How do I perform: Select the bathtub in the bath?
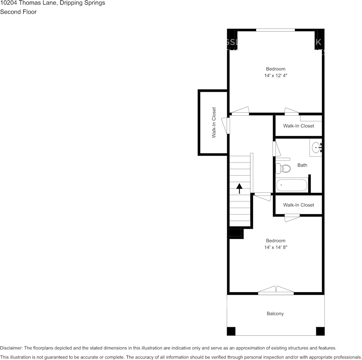click(292, 185)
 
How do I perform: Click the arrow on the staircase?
click(239, 188)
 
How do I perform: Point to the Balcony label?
click(275, 314)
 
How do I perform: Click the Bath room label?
click(302, 165)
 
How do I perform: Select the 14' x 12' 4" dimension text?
click(276, 75)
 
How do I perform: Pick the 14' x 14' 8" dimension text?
click(276, 247)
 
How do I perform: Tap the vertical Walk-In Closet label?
click(214, 122)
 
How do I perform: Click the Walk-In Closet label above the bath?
click(298, 126)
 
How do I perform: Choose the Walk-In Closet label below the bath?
click(298, 205)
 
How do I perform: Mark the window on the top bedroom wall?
click(275, 30)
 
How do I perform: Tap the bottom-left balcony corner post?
click(231, 331)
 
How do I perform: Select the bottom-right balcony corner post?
click(320, 331)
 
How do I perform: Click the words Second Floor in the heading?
click(18, 12)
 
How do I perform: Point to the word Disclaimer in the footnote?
click(11, 348)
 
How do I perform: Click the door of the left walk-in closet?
click(227, 126)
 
